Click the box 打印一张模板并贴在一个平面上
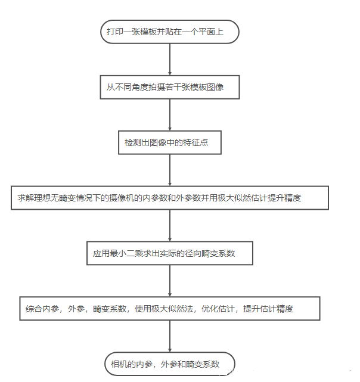point(170,32)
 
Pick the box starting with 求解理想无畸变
point(170,197)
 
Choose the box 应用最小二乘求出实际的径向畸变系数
point(170,253)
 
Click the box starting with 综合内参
point(170,308)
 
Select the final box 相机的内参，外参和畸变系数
point(170,364)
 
